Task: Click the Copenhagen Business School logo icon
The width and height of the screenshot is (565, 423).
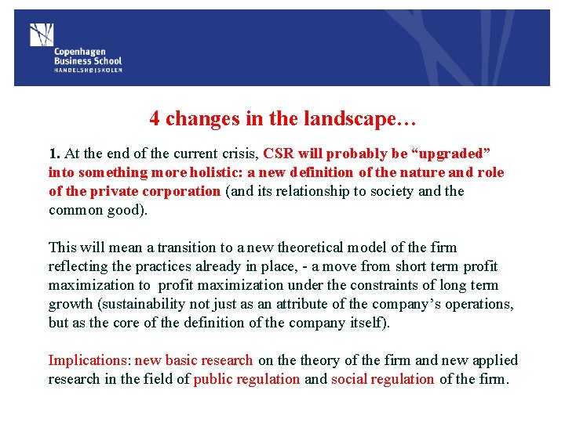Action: point(41,35)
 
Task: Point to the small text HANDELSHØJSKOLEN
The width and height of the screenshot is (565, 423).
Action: point(88,70)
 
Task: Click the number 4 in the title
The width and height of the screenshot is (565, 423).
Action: point(155,118)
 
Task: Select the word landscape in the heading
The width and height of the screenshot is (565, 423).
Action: point(355,118)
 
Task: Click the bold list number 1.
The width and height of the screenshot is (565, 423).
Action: point(53,154)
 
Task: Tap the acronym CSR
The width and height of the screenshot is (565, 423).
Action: point(279,154)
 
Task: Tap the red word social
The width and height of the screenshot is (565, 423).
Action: point(351,379)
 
